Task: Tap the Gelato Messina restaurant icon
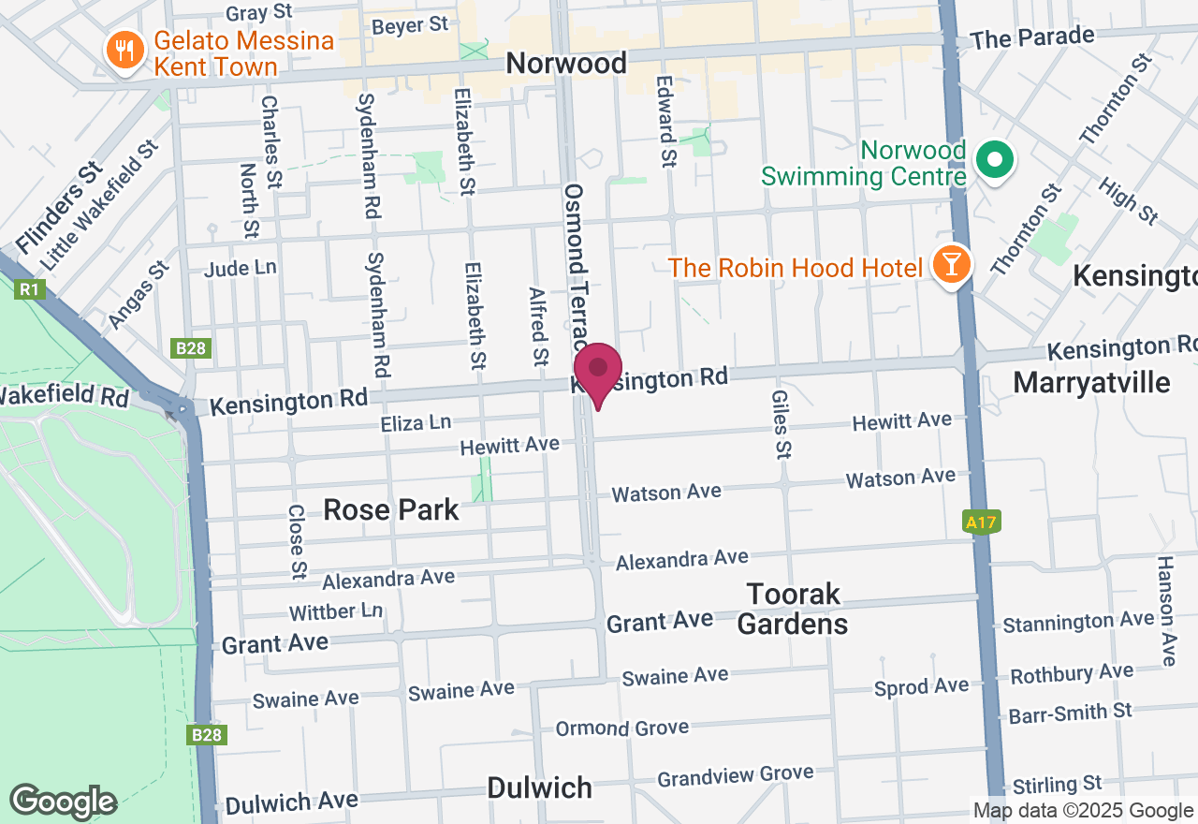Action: (124, 49)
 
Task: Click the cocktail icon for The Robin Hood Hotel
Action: (951, 266)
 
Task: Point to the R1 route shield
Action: (28, 289)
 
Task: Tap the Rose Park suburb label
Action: (391, 509)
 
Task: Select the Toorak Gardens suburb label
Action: (793, 609)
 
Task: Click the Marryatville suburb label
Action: (1091, 382)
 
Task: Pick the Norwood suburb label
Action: (566, 63)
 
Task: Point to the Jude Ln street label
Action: (241, 269)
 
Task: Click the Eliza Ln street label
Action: (416, 423)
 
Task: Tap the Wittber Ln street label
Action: (336, 612)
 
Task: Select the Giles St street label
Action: (780, 425)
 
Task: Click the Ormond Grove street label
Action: (622, 728)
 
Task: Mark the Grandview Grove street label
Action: (736, 775)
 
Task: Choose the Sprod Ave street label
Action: (922, 687)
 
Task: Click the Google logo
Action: (63, 802)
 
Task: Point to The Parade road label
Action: (1032, 38)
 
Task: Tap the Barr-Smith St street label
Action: (1071, 714)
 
